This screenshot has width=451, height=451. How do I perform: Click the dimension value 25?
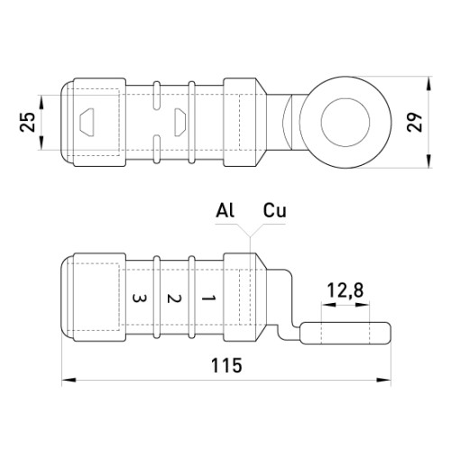click(x=27, y=122)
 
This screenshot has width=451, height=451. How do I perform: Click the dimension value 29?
click(x=415, y=122)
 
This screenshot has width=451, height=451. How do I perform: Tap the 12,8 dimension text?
click(x=345, y=290)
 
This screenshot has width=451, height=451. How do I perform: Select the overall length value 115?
click(x=226, y=365)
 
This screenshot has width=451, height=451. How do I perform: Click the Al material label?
click(x=225, y=210)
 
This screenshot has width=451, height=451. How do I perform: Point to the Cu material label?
click(x=275, y=210)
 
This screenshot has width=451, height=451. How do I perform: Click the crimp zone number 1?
click(x=208, y=299)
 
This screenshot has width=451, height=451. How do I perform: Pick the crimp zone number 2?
click(x=174, y=299)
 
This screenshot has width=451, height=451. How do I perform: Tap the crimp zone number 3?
click(x=140, y=299)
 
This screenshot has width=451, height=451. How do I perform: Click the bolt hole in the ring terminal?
click(x=345, y=122)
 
